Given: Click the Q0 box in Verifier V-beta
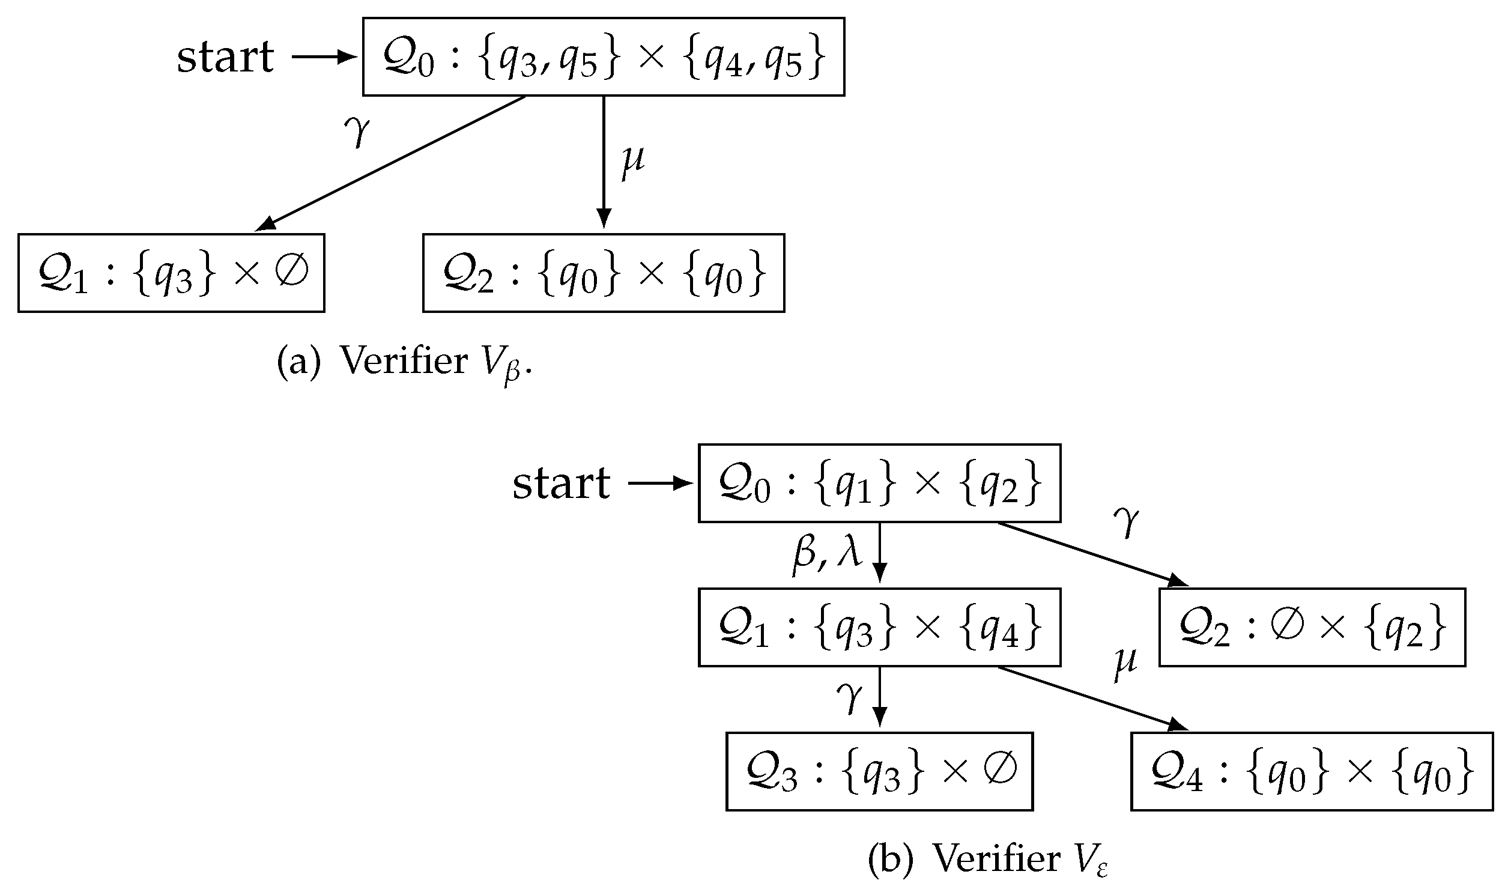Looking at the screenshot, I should point(603,57).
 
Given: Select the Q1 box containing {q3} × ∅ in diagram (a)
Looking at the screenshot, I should point(171,273).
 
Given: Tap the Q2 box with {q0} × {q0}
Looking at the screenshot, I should point(603,273).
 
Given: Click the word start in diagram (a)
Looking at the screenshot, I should point(225,58).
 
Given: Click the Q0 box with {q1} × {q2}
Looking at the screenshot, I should point(879,484).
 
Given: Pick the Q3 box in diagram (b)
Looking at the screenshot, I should point(879,771).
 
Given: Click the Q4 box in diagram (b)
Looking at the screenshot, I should point(1312,771).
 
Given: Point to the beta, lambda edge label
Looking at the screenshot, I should point(828,553).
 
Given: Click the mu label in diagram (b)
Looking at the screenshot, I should point(1125,664).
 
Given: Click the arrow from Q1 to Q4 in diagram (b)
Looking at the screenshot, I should point(1093,697).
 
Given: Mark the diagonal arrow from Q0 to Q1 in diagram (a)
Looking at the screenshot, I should point(390,163).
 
